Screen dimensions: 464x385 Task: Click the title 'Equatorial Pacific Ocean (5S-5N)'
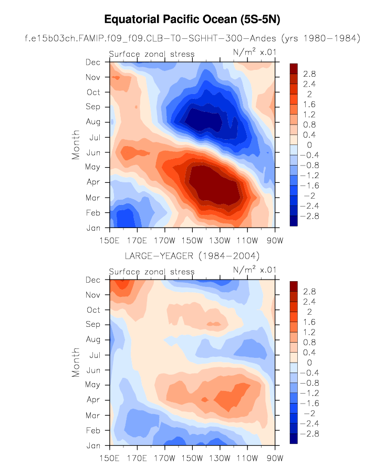(192, 20)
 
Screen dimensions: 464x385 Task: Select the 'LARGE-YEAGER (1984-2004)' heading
(192, 256)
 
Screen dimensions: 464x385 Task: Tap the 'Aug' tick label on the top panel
(93, 122)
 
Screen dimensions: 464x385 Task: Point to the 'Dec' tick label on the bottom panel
(93, 280)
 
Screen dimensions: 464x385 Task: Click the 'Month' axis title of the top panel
(76, 145)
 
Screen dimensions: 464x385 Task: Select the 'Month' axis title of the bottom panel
(76, 363)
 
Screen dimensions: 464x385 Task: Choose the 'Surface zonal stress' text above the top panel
(151, 54)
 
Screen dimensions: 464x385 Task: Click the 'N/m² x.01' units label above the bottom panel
(255, 271)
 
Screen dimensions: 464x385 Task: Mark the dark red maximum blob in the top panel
(215, 187)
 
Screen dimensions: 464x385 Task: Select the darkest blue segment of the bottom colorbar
(294, 439)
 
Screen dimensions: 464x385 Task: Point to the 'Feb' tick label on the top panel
(93, 213)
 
